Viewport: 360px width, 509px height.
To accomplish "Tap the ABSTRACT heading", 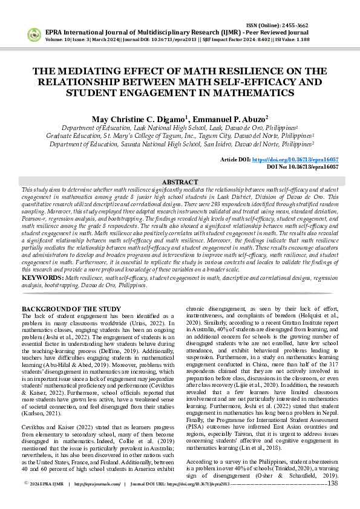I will coord(180,182).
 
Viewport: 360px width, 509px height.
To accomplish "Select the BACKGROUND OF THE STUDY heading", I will coord(71,309).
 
